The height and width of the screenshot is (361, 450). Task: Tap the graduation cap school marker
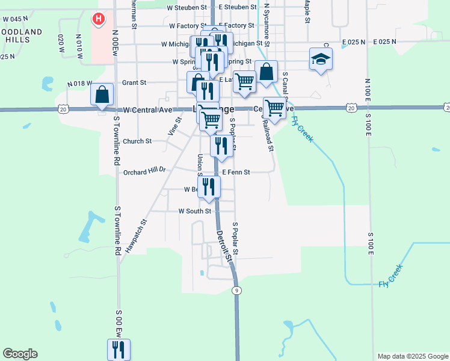point(321,60)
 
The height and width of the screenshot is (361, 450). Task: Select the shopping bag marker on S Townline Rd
point(102,94)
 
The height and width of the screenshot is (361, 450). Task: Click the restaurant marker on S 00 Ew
point(118,350)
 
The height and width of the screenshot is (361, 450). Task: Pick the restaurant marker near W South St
point(209,187)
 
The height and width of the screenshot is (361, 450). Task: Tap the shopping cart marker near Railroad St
point(274,108)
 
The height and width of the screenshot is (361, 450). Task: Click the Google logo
point(20,354)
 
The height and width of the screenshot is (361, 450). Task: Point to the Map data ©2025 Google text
point(413,356)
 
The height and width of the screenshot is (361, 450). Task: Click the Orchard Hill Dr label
point(144,171)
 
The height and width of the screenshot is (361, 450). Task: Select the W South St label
point(194,211)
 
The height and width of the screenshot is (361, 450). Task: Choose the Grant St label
point(134,82)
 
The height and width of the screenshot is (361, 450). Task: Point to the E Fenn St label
point(236,172)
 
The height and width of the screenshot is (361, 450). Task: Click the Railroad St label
point(268,135)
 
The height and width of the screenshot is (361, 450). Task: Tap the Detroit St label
point(224,245)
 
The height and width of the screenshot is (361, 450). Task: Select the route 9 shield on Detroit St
point(238,291)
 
